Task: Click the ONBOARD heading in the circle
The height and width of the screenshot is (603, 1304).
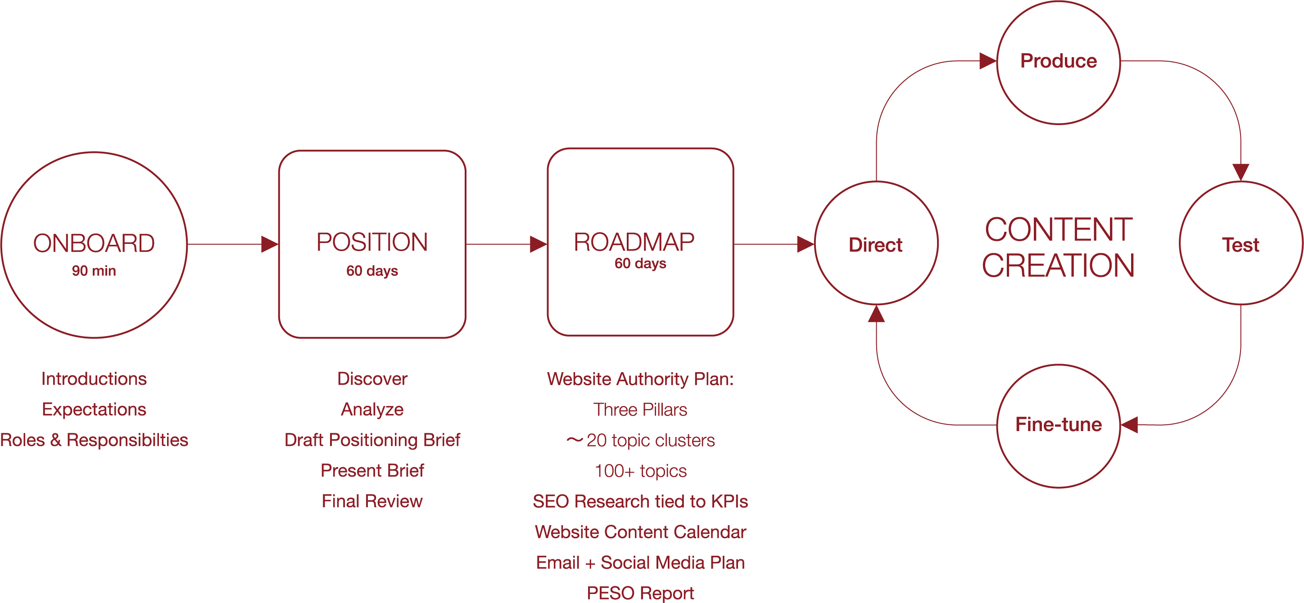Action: [x=94, y=243]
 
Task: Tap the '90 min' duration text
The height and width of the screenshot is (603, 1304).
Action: [x=94, y=270]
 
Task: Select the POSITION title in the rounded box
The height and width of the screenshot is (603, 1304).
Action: [x=372, y=242]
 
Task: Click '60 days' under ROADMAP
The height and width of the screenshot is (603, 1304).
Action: [x=640, y=264]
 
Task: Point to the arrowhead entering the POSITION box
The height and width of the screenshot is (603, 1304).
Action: [x=270, y=244]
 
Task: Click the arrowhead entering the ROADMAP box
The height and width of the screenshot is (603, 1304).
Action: [x=538, y=244]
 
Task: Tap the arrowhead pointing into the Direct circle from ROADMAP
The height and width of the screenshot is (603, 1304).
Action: [x=806, y=244]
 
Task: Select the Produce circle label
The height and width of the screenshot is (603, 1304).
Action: [x=1059, y=61]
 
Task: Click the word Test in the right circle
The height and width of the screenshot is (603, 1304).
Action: [x=1241, y=245]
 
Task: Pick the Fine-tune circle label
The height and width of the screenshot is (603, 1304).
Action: [x=1059, y=424]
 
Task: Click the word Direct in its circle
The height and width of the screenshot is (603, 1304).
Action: [x=875, y=245]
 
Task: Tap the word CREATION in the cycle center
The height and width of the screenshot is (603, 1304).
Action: [x=1059, y=265]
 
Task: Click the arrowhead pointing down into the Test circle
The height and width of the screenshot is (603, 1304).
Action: [x=1241, y=172]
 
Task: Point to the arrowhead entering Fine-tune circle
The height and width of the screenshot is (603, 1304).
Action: [x=1129, y=425]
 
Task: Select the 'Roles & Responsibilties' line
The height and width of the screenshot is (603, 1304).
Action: [x=94, y=440]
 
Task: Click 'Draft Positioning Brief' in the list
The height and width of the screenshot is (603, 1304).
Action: [x=372, y=440]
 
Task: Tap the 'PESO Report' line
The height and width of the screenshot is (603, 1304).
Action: [x=640, y=593]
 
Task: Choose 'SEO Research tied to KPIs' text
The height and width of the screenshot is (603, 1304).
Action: [x=640, y=501]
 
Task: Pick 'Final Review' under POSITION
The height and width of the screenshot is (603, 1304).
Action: [x=372, y=501]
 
